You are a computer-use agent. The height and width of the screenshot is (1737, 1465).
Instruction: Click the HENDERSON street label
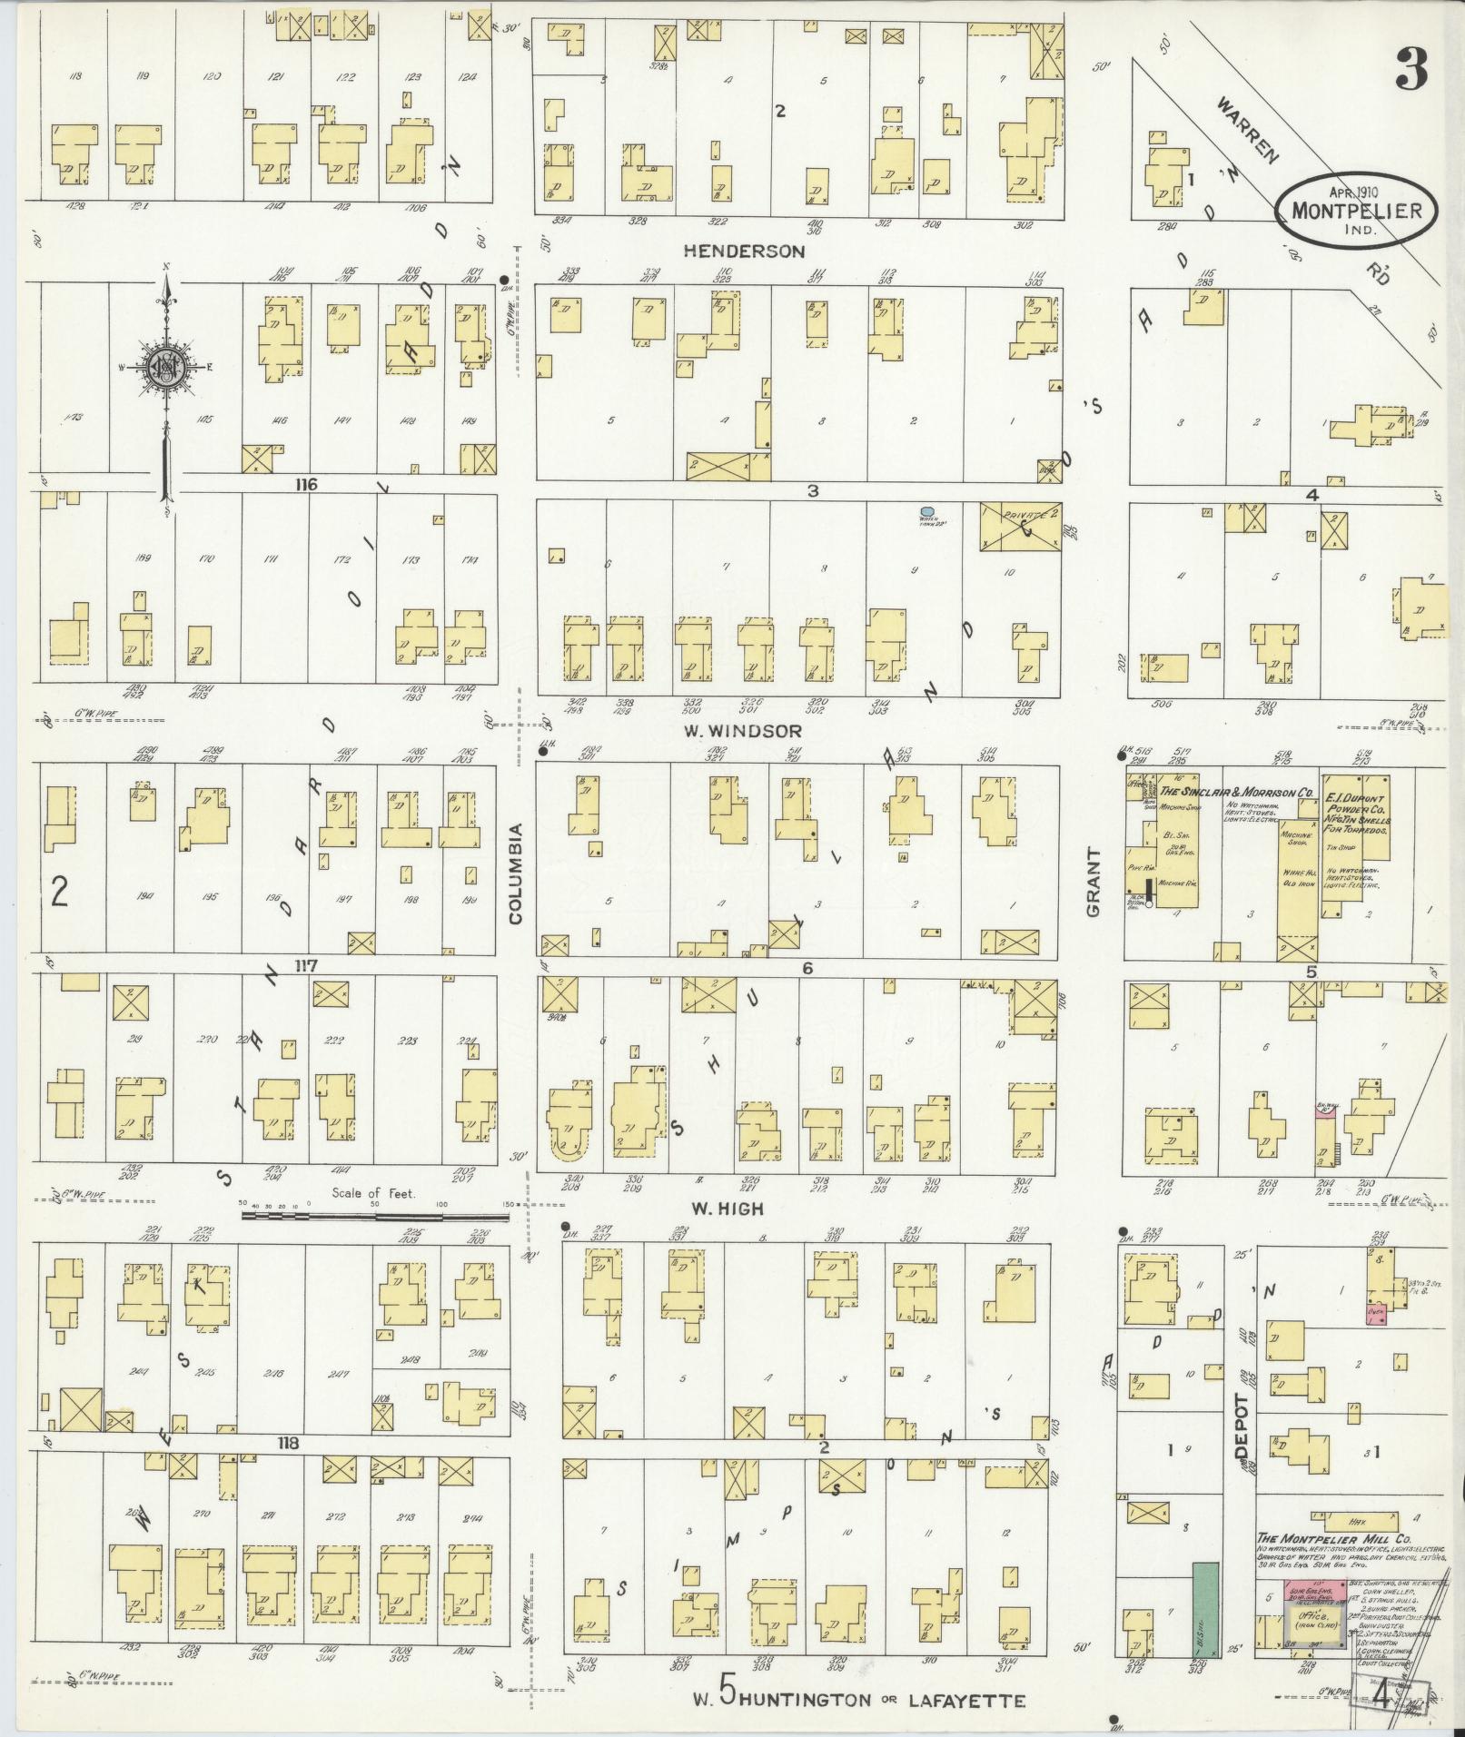744,251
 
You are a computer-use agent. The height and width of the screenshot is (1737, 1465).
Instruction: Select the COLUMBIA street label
516,873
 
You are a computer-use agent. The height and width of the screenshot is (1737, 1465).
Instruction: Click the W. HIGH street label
727,1209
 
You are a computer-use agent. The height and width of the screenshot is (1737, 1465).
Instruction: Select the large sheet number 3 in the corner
1411,69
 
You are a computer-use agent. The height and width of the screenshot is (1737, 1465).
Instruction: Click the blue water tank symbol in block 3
927,512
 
